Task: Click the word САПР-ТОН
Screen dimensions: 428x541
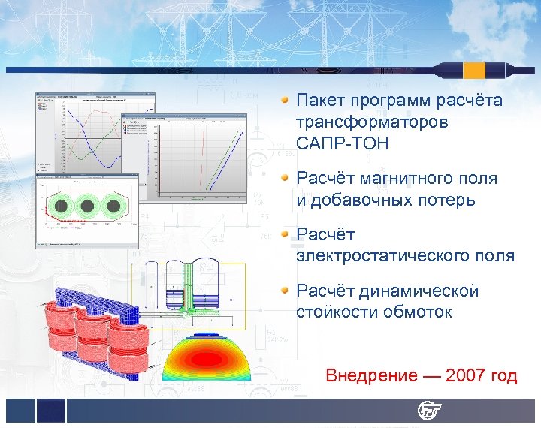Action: (x=343, y=143)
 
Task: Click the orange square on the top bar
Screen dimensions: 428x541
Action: (x=474, y=70)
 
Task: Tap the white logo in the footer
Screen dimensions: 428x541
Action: (x=431, y=411)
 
